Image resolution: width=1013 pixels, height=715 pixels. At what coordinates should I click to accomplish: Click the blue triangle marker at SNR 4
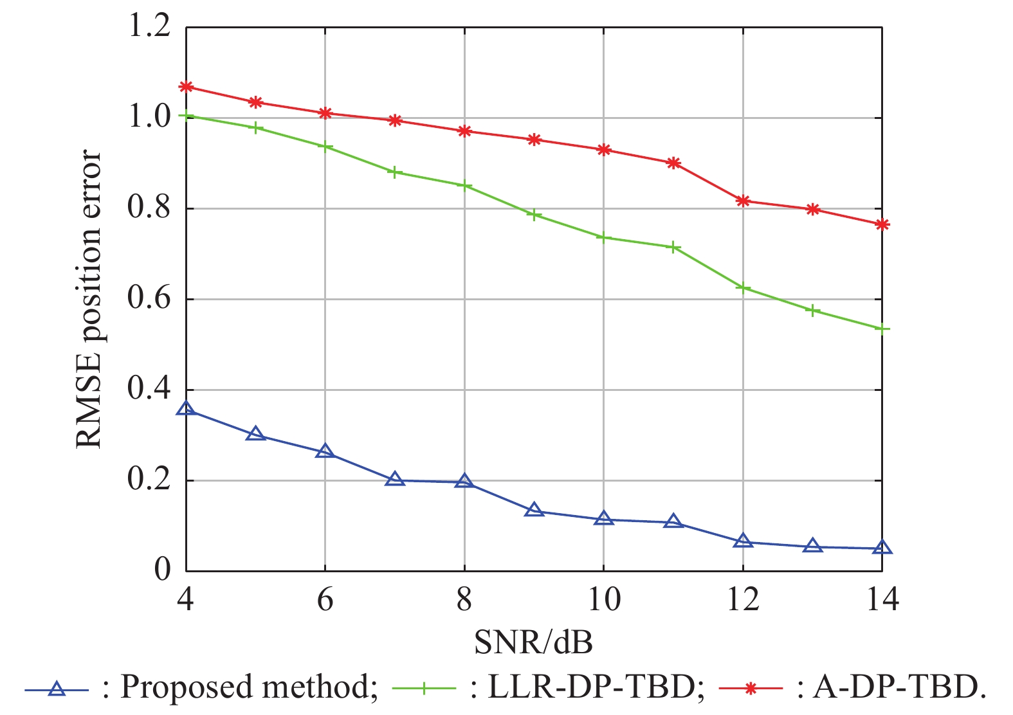pos(186,409)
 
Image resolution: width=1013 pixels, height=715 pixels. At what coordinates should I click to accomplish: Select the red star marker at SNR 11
pos(673,163)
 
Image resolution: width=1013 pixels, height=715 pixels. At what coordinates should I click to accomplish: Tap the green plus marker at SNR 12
pos(743,287)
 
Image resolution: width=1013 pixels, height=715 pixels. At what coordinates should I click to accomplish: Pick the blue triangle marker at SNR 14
pos(882,548)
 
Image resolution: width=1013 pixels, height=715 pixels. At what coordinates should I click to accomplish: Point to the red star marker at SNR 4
pos(186,87)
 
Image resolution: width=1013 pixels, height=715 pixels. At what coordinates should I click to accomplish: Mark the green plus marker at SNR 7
pos(395,172)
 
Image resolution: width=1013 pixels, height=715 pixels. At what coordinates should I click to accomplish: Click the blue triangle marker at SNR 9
pos(534,511)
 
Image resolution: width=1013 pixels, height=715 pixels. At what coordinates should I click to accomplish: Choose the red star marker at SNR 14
pos(882,224)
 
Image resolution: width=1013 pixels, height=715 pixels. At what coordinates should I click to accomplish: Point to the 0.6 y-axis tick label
pos(149,298)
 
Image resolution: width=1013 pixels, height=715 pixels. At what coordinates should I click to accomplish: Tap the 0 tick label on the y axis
pos(162,570)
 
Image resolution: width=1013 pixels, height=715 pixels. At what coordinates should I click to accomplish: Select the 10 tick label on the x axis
pos(603,599)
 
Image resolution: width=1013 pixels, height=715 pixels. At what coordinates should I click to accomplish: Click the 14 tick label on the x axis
pos(882,599)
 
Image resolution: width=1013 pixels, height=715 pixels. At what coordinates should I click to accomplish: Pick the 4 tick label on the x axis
pos(186,599)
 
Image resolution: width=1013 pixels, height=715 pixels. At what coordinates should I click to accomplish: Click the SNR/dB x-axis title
pos(533,641)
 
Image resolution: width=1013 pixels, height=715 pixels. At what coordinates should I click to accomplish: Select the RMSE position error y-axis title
pos(89,299)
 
